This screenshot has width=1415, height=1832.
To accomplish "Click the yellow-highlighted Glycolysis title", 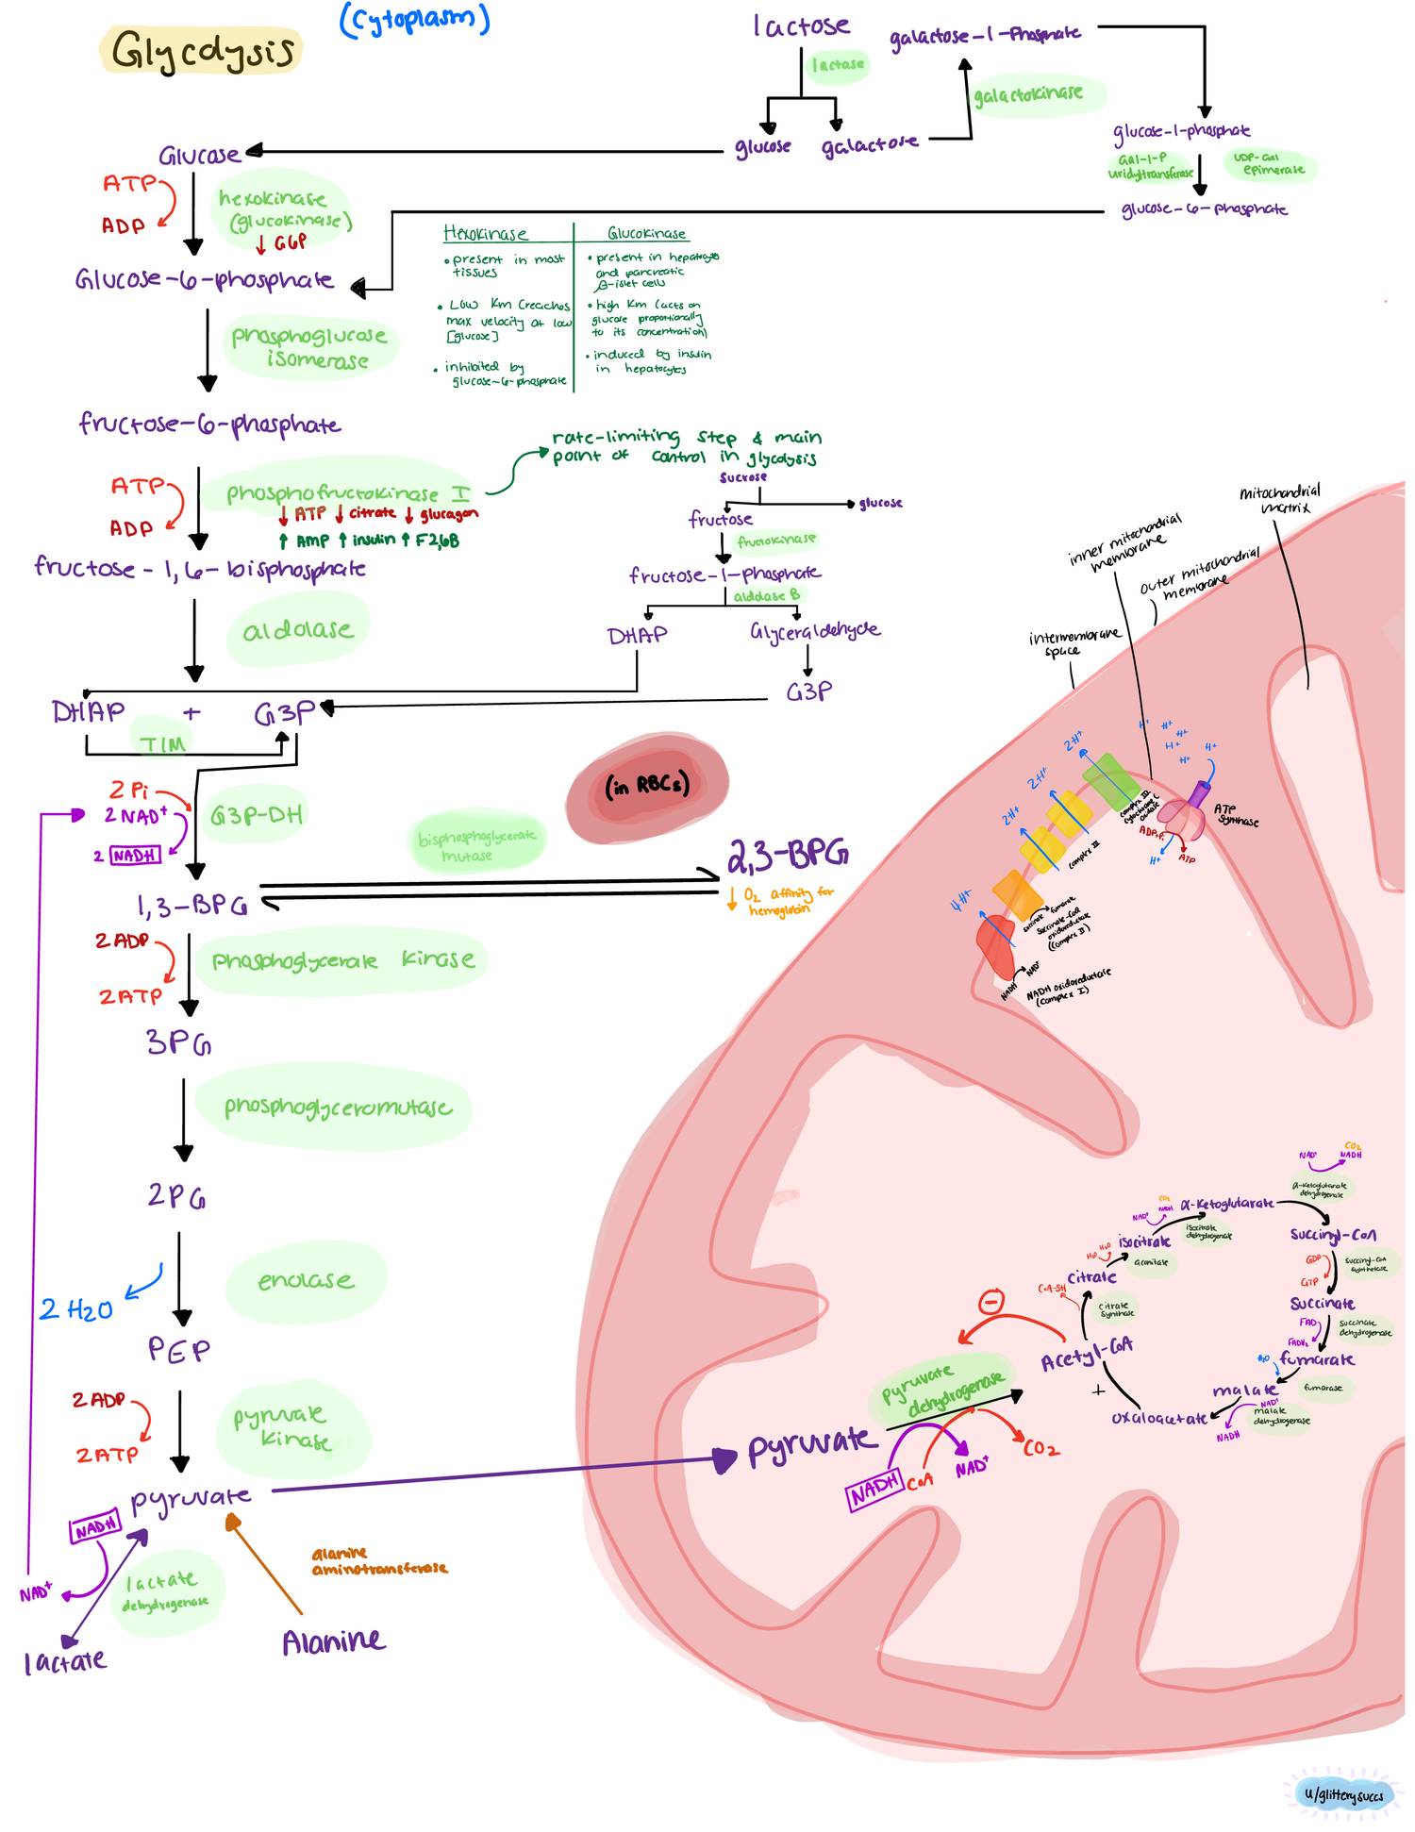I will (202, 51).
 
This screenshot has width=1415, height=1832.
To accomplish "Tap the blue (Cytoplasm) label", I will (414, 20).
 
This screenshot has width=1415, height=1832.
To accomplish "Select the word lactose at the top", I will (801, 25).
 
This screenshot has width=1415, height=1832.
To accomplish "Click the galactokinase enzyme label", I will (1027, 93).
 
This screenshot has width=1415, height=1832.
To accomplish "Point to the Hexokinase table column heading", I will (485, 233).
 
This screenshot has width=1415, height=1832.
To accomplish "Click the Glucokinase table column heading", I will (646, 233).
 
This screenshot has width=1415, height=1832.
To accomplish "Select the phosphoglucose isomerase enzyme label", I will (309, 347).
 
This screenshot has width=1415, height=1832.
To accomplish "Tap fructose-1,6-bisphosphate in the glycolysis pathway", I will (200, 568).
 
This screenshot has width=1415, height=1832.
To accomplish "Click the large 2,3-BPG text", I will (787, 855).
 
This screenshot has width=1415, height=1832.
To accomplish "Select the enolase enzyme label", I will (306, 1280).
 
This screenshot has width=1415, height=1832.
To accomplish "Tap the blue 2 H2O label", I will (75, 1309).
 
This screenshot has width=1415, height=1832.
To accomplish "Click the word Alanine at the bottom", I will (333, 1642).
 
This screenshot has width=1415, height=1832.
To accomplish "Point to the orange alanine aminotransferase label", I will (378, 1561).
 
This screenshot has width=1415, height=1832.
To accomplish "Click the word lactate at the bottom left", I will (64, 1661).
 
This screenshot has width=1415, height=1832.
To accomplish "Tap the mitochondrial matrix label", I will (1280, 499).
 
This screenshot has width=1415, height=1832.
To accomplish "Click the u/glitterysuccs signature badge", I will (1343, 1793).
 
